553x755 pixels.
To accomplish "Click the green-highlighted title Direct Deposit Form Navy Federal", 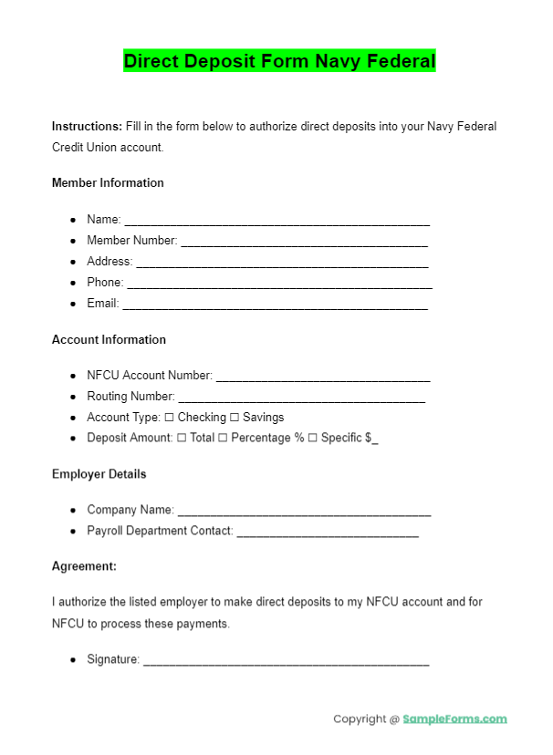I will [x=279, y=61].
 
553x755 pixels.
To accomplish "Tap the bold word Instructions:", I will [x=87, y=126].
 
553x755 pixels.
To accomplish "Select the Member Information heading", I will [x=108, y=182].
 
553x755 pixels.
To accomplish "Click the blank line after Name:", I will [x=276, y=221].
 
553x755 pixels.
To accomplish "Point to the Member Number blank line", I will [x=304, y=242].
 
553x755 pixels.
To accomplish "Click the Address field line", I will [x=282, y=263].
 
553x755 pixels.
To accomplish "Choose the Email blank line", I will [x=275, y=305].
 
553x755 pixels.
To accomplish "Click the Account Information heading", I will [x=109, y=339].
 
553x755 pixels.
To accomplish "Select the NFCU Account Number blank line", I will [x=323, y=377].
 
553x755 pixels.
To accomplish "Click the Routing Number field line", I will [x=301, y=398].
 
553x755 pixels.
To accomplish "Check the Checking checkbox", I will [x=169, y=418].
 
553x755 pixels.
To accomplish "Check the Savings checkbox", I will [x=234, y=418].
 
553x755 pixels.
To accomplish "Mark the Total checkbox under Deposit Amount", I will [x=182, y=439].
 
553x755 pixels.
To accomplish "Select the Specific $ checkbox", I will [x=312, y=439].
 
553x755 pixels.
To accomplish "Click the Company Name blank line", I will [x=304, y=512].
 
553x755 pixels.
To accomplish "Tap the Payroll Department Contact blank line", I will [x=328, y=533].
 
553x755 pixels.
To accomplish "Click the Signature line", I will [x=286, y=661].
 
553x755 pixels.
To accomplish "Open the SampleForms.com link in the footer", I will [x=454, y=719].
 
